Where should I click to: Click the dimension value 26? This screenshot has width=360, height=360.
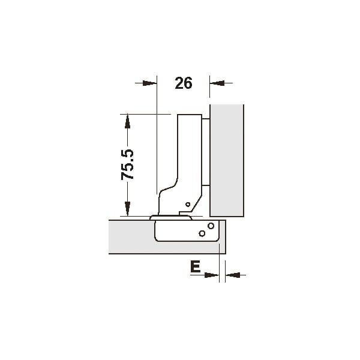click(x=184, y=83)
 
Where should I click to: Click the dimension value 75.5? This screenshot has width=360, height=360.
click(x=127, y=164)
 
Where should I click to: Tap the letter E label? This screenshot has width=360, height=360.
click(x=195, y=267)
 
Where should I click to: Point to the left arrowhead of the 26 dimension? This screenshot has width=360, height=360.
click(x=149, y=83)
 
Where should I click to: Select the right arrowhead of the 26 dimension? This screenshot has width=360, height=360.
click(x=217, y=83)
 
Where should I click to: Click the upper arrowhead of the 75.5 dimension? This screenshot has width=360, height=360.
click(x=127, y=121)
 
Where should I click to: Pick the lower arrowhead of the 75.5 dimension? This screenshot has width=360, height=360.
click(x=127, y=209)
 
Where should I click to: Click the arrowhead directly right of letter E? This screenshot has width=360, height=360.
click(x=212, y=275)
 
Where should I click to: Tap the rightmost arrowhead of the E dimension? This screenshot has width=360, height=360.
click(x=233, y=275)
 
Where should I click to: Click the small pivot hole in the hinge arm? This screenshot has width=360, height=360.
click(x=188, y=205)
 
